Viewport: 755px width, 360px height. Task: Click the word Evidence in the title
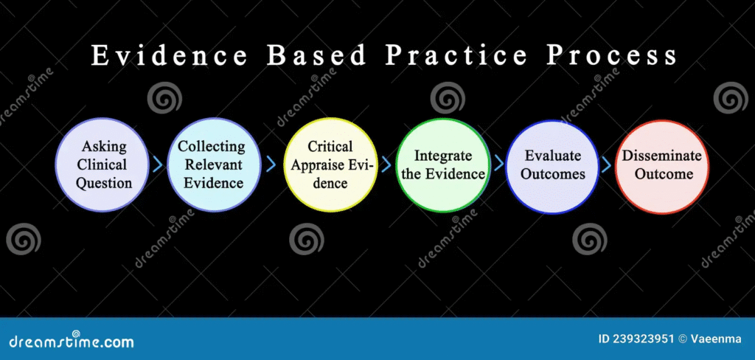click(170, 55)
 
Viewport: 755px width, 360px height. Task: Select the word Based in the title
click(317, 55)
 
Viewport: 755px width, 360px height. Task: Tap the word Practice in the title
click(456, 55)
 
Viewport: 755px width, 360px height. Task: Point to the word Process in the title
click(611, 55)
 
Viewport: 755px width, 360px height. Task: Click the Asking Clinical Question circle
click(102, 165)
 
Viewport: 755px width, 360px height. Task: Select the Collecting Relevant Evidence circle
click(214, 165)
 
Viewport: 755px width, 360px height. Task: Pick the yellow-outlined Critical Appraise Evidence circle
click(330, 165)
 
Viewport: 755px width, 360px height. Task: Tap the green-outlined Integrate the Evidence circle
click(443, 165)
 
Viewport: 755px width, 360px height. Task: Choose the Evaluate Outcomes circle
click(553, 167)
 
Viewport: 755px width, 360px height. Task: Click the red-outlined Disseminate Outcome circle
click(661, 167)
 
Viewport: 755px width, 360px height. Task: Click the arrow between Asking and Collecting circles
click(158, 165)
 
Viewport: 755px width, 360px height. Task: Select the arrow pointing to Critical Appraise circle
click(271, 165)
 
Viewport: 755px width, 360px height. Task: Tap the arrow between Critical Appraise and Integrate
click(386, 164)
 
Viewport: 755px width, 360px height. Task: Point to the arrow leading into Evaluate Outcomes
click(498, 164)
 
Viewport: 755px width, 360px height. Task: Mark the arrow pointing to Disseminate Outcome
click(607, 165)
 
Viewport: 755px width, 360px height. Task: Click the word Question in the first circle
click(104, 184)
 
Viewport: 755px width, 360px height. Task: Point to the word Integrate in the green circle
click(443, 156)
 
